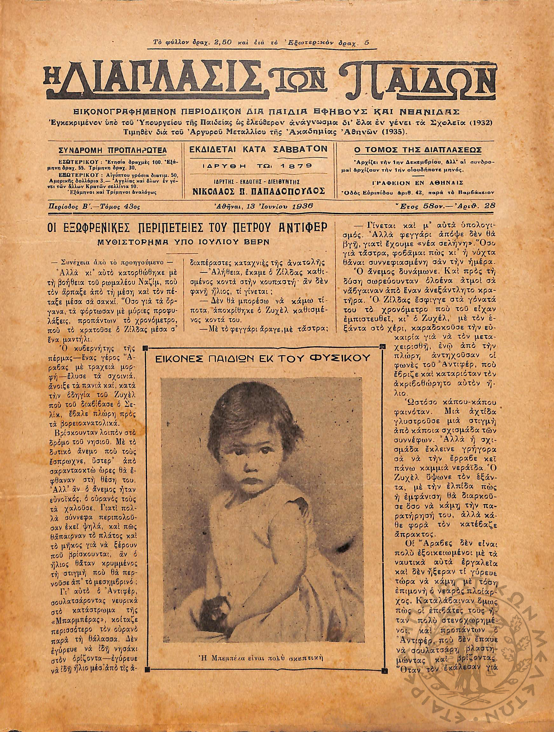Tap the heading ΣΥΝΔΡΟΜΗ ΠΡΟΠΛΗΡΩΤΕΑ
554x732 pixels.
click(113, 150)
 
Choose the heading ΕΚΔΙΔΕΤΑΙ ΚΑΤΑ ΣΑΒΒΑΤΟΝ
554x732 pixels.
click(258, 149)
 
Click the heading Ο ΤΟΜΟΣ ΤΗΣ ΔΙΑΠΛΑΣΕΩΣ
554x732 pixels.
click(417, 150)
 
